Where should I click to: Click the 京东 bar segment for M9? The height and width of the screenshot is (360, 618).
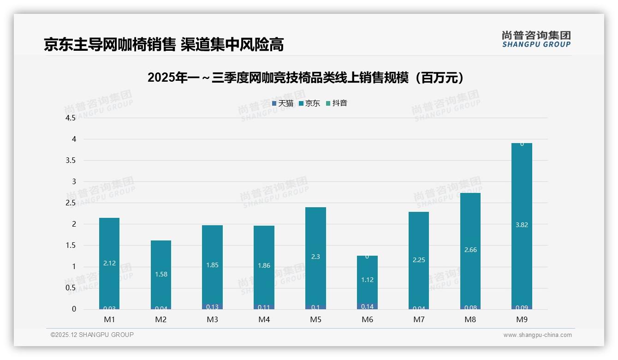[522, 194]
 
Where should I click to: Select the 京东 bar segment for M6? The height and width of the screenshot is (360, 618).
[367, 291]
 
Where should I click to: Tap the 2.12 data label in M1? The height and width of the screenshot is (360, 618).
[109, 263]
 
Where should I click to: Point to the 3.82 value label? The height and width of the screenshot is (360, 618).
[522, 225]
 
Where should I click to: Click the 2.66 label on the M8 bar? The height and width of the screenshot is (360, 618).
[470, 250]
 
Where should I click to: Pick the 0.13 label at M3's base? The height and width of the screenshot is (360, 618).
[212, 307]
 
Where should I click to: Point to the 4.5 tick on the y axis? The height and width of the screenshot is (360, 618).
[71, 118]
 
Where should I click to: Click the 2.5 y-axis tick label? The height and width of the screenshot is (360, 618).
[71, 203]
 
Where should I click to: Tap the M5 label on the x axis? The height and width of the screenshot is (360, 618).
[315, 320]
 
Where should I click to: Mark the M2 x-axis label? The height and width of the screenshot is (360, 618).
[160, 320]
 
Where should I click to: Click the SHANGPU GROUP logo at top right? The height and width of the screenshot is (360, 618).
[536, 39]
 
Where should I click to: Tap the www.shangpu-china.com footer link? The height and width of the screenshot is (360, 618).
[537, 335]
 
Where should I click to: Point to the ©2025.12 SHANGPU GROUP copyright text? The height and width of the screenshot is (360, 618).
[92, 335]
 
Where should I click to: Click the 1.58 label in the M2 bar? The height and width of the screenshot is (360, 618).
[161, 274]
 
